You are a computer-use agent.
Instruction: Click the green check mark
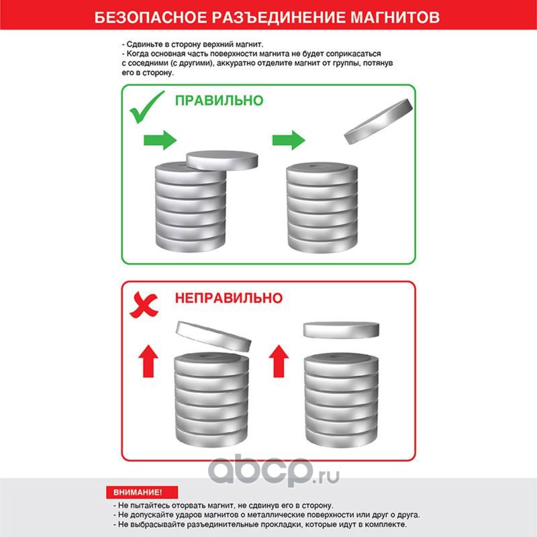point(147,107)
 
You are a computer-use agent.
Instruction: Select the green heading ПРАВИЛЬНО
point(219,101)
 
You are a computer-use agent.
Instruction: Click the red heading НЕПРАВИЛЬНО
point(229,298)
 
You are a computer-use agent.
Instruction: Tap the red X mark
point(144,305)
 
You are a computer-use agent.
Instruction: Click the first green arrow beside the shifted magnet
point(160,140)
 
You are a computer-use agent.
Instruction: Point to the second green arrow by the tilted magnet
point(289,140)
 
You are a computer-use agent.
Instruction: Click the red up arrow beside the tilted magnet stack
point(148,361)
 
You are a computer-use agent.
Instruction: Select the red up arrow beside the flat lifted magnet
point(279,361)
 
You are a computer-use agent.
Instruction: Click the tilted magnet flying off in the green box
point(379,121)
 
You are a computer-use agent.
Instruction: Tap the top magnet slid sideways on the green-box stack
point(222,160)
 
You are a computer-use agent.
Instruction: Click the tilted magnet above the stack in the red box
point(213,337)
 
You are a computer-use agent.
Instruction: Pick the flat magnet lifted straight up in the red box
point(341,330)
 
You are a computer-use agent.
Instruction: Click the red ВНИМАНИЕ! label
point(142,492)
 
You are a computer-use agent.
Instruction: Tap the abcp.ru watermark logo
point(274,471)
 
